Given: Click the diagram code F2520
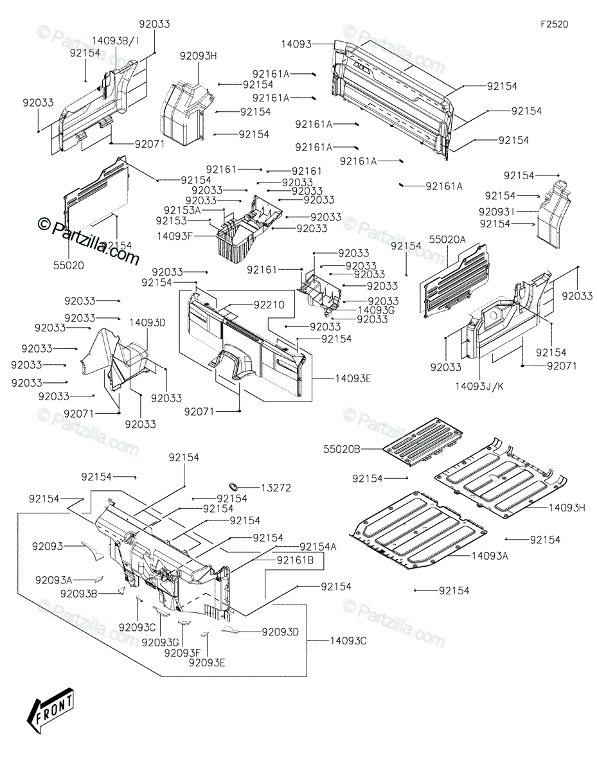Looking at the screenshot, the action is pos(554,24).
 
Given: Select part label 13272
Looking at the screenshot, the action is pos(276,488).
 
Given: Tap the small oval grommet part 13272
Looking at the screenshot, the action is pos(233,484).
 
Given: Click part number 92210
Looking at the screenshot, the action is pos(269,305).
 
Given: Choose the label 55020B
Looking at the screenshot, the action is pos(342,449).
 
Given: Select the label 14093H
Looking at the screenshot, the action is pos(567,508).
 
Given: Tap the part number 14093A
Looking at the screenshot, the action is pos(490,556).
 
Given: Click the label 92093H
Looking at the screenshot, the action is pos(198,56).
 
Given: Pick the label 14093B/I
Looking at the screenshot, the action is pos(115,40).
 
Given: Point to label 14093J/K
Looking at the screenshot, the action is pos(479,386).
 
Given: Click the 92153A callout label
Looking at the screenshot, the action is pos(182,210).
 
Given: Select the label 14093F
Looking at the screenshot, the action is pos(175,236).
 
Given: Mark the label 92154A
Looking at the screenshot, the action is pos(318,547).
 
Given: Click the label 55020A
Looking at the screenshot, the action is pos(447,240).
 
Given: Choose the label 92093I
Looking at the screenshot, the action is pos(496,212).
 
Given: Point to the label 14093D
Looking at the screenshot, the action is pos(147,323).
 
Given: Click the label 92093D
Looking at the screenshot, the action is pos(280,632).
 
